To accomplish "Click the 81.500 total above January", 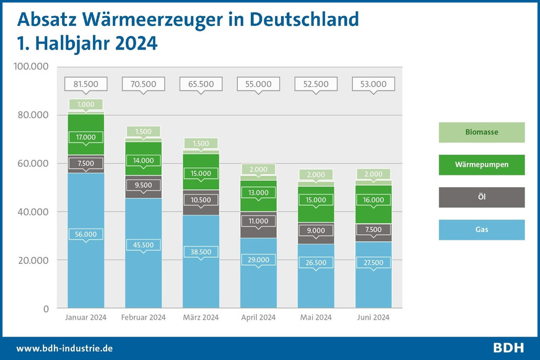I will (86, 84).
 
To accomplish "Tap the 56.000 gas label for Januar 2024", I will (86, 234).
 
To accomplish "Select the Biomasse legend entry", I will (482, 132).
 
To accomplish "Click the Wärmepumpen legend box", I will (482, 165).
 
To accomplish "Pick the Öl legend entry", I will (482, 197).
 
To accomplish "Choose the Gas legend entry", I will (482, 230).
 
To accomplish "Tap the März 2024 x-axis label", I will (201, 318).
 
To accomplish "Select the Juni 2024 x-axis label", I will (373, 318).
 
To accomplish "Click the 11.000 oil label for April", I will (258, 221).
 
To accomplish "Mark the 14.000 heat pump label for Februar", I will (144, 159).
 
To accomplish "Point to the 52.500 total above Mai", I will (316, 84).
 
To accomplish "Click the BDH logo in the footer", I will (508, 348).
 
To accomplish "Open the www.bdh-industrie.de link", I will (64, 349).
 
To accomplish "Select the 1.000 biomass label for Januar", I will (86, 104).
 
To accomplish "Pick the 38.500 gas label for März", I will (201, 252).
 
